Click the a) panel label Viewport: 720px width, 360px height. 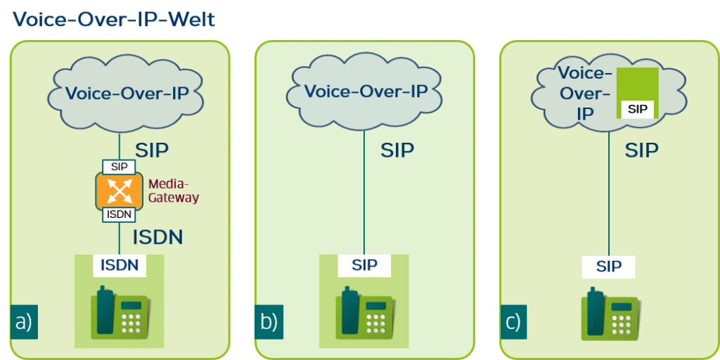click(x=25, y=322)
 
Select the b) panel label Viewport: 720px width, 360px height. click(x=269, y=322)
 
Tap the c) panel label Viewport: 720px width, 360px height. click(x=513, y=322)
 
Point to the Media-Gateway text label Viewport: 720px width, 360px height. click(x=173, y=191)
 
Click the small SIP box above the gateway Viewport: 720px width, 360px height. click(x=119, y=167)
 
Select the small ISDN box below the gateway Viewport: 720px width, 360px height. click(x=119, y=214)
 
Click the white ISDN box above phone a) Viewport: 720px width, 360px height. click(x=119, y=265)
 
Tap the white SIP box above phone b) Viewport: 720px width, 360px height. click(x=364, y=265)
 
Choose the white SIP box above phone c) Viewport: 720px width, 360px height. click(x=609, y=267)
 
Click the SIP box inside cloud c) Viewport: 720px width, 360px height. click(x=637, y=110)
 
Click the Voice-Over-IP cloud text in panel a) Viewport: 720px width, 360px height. click(x=127, y=93)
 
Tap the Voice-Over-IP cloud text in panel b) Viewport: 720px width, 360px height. click(x=366, y=91)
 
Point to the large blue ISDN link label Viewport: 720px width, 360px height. click(x=157, y=237)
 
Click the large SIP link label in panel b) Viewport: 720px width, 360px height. click(x=397, y=150)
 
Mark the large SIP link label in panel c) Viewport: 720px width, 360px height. click(x=641, y=150)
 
